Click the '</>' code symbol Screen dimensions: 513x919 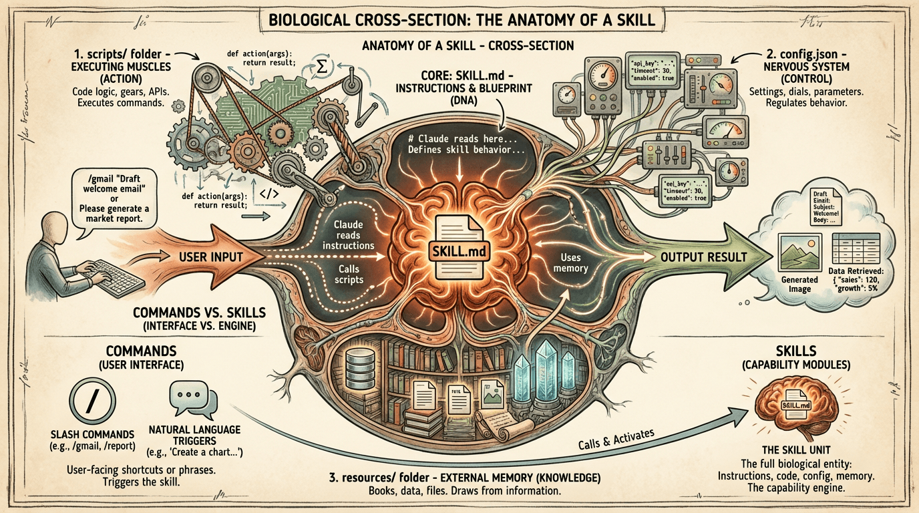click(268, 194)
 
